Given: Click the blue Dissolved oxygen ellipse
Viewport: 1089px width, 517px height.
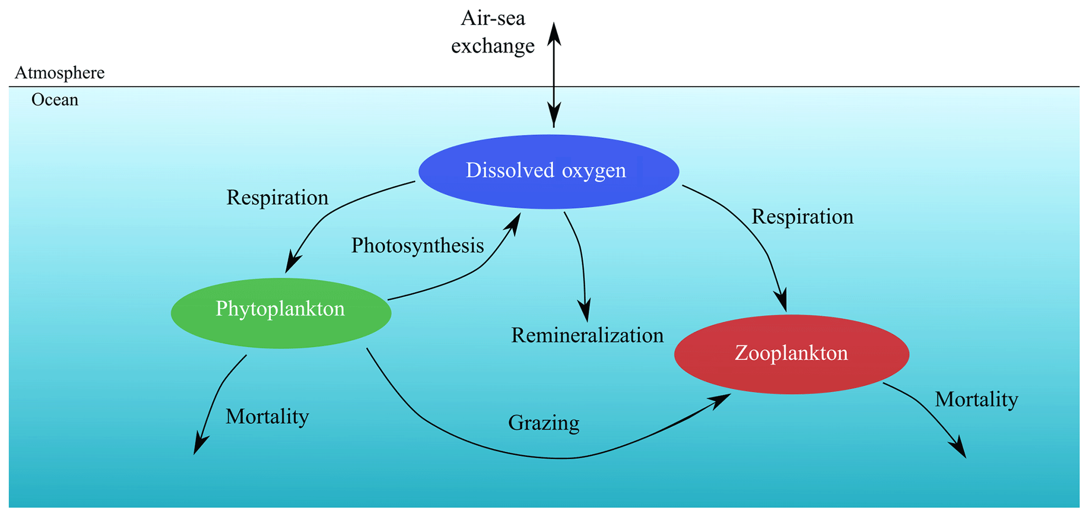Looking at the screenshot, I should (548, 171).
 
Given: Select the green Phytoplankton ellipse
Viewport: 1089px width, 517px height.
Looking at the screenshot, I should (281, 312).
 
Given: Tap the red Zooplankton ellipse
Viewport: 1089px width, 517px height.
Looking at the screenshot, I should (791, 353).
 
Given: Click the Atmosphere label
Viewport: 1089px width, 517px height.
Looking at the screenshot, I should (60, 73).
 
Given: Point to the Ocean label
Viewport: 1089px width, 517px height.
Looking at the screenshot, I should (55, 100).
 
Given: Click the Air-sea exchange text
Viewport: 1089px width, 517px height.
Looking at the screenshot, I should (493, 32).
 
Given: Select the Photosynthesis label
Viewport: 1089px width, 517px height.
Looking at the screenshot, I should (417, 245).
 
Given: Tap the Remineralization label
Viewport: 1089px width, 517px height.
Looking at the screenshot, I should (587, 336).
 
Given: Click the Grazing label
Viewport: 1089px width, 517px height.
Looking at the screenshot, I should (544, 423).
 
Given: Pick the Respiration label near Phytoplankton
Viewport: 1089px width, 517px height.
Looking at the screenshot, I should (277, 198).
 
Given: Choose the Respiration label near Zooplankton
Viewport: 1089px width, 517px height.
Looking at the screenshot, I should (802, 217).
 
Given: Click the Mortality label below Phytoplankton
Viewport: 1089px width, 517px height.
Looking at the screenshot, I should (267, 417).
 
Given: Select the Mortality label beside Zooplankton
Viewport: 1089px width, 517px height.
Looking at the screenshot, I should (976, 399).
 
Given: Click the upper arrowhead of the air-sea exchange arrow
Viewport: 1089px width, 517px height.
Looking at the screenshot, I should (554, 33).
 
